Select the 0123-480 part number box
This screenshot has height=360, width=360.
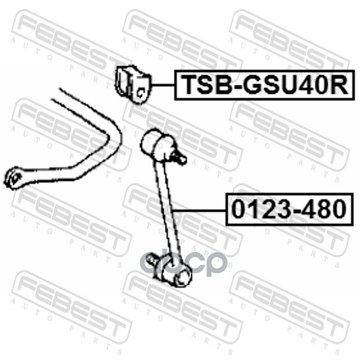[288, 209]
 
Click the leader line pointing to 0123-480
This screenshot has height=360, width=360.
[198, 210]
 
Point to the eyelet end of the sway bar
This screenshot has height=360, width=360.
[15, 178]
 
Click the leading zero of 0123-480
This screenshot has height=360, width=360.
[239, 209]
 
